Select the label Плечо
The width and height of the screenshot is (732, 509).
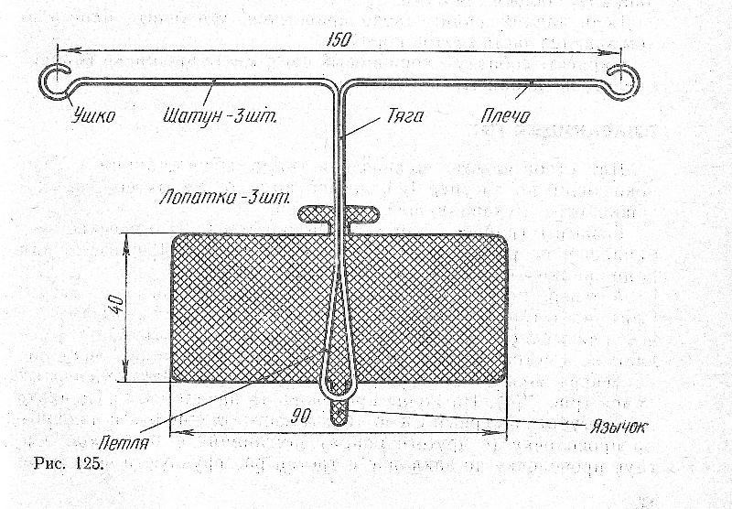pos(504,116)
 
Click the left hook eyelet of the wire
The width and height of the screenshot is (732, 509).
pos(54,80)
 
